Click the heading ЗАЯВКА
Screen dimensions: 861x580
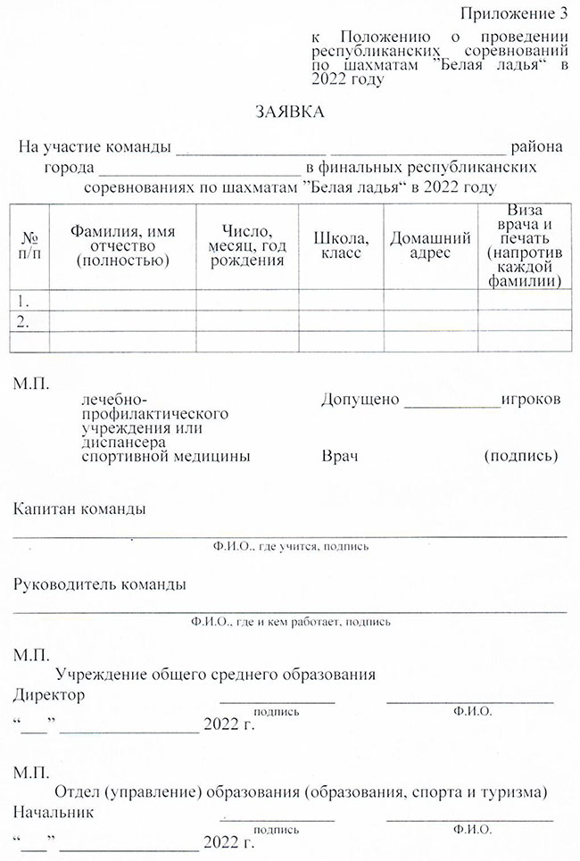tap(290, 112)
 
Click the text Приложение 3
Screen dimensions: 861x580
tap(515, 13)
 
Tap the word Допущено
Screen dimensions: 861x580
tap(360, 399)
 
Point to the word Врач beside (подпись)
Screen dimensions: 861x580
tap(339, 456)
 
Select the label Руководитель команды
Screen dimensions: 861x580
tap(100, 585)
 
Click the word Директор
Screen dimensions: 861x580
tap(50, 695)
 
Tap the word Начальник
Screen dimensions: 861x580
tap(54, 813)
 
